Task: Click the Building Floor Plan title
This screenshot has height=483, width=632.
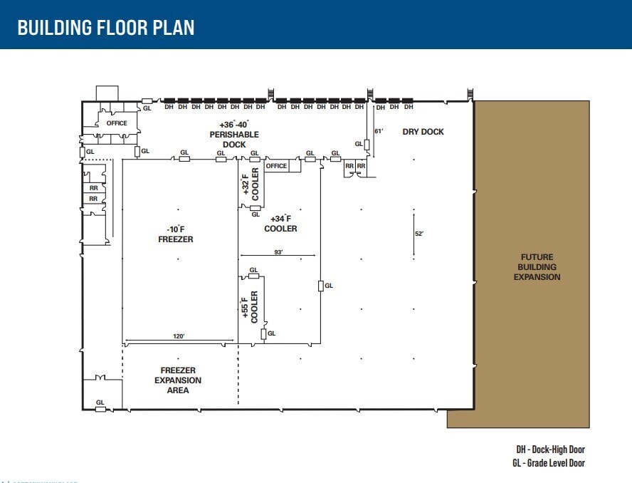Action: point(106,28)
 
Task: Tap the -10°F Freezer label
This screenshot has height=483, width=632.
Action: point(175,234)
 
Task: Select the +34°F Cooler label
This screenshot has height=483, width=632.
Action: point(280,224)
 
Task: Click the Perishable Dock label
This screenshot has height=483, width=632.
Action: point(233,135)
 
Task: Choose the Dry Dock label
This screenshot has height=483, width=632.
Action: point(423,132)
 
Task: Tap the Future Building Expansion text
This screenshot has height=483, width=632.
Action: point(537,267)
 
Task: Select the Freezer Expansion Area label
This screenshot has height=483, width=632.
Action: point(178,380)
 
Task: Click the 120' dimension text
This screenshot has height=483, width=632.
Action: point(178,336)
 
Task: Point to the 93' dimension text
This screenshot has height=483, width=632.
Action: point(278,252)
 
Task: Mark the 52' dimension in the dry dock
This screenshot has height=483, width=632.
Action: point(419,234)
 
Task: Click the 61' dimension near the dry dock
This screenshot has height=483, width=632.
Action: point(379,131)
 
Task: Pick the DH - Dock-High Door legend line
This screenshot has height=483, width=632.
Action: point(550,450)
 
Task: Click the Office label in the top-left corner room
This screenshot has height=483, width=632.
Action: point(117,123)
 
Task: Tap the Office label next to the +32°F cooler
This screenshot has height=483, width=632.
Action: point(276,166)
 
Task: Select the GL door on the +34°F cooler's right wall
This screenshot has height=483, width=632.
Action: point(320,286)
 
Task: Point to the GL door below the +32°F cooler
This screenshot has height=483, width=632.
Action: point(255,208)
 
